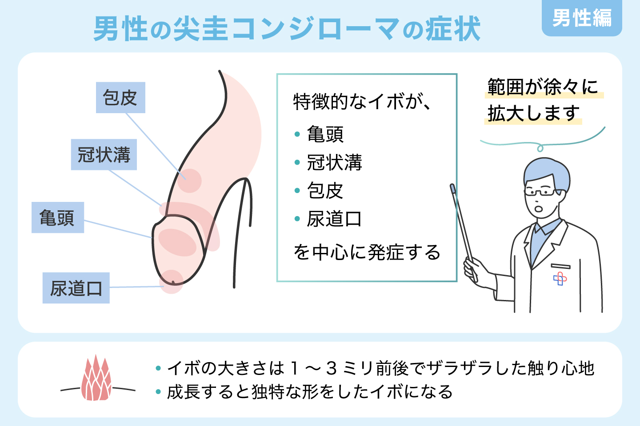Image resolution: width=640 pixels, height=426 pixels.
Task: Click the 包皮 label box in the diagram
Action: tap(120, 98)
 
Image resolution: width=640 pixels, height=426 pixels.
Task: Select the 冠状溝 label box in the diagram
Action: tap(104, 155)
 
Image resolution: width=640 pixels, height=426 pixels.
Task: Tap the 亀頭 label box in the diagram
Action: tap(57, 218)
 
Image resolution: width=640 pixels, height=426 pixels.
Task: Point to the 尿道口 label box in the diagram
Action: tap(76, 288)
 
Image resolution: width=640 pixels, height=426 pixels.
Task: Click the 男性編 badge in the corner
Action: tap(581, 18)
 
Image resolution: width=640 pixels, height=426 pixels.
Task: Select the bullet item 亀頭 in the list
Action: tap(325, 134)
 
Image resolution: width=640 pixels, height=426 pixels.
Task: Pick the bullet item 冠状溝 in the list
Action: tap(334, 162)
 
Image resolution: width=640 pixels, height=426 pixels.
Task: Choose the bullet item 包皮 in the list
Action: tap(325, 191)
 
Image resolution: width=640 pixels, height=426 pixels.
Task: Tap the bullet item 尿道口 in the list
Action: tap(334, 219)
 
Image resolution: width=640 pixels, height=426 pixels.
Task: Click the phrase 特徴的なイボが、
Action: tap(362, 102)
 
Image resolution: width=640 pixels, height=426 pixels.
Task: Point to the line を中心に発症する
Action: tap(367, 252)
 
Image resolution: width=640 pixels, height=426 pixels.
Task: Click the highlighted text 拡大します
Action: tap(533, 114)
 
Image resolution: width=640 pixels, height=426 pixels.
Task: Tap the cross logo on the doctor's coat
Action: tap(560, 279)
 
